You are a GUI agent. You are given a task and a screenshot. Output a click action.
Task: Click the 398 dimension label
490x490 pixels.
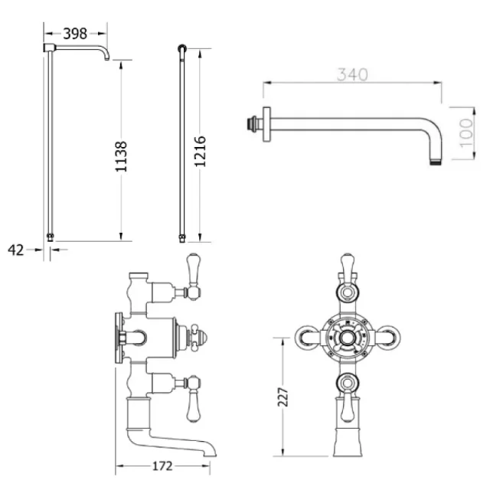pos(75,33)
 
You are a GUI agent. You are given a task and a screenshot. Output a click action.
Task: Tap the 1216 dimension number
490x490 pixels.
pos(201,152)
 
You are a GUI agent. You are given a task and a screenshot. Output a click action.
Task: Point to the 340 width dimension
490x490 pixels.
pos(352,75)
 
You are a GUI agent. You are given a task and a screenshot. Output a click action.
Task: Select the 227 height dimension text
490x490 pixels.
pos(283,396)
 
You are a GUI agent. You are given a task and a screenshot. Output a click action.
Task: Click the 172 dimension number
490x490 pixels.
pos(162,465)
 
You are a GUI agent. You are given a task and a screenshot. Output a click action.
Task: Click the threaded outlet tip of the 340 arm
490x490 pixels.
pos(439,159)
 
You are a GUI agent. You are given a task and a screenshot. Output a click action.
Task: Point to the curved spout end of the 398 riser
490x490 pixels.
pos(107,57)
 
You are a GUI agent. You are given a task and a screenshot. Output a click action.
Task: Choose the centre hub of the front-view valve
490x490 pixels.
pos(349,335)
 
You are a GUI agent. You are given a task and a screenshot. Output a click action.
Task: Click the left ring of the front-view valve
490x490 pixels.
pos(305,335)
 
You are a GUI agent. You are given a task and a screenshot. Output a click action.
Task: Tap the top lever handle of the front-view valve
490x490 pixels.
pos(349,266)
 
